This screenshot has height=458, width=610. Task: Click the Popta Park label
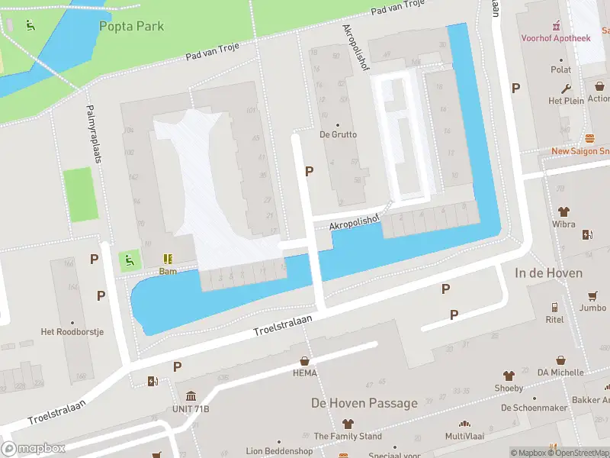(x=131, y=26)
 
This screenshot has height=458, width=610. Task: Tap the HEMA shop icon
(x=305, y=361)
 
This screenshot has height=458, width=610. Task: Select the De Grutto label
(x=338, y=134)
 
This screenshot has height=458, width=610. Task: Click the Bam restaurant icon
(x=168, y=260)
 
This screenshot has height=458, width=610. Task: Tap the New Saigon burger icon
(x=589, y=139)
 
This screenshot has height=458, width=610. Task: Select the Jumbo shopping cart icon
(x=592, y=296)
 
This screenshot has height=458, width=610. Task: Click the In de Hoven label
(x=548, y=273)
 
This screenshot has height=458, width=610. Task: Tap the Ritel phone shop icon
(x=554, y=308)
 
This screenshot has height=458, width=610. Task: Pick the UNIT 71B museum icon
(x=190, y=396)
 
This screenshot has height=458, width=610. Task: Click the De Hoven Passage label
(x=364, y=403)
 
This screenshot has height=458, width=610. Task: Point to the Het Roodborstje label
(x=72, y=332)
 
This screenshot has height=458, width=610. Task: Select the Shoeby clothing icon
(x=509, y=376)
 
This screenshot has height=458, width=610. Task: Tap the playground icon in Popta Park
(x=30, y=26)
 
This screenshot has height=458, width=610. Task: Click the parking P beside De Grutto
(x=309, y=172)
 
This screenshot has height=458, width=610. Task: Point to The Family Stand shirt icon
(x=348, y=424)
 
